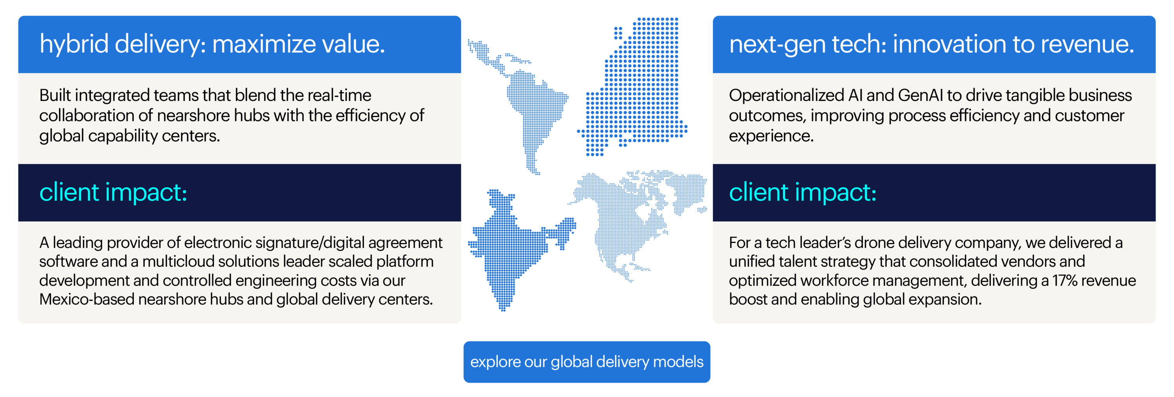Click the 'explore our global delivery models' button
coord(587,362)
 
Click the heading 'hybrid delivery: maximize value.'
coord(212,44)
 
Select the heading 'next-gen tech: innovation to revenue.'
coord(931,44)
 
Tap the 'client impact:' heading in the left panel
coord(113,192)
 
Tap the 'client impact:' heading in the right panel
coord(803,192)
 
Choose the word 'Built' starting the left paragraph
coord(55,95)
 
